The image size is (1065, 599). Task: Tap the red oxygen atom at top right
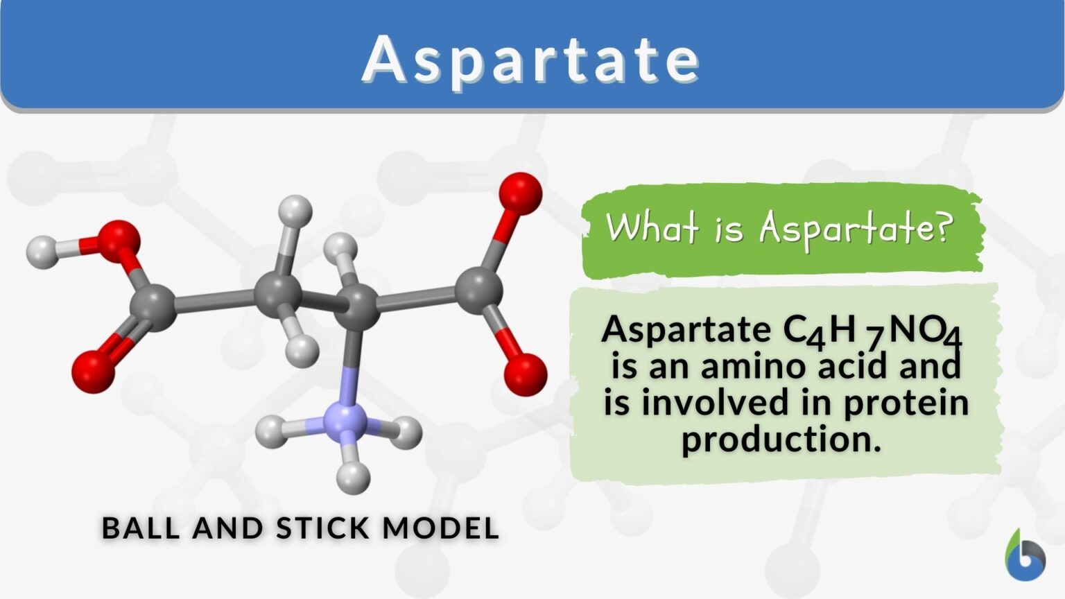pos(520,193)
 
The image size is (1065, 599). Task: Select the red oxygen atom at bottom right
pos(525,374)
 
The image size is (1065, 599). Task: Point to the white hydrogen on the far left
pos(43,253)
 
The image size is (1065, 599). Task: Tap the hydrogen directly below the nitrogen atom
pos(353,476)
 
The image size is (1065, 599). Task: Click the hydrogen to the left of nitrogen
pos(272,432)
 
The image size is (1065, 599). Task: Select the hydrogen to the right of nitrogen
pos(405,433)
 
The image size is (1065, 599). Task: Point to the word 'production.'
pos(781,439)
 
